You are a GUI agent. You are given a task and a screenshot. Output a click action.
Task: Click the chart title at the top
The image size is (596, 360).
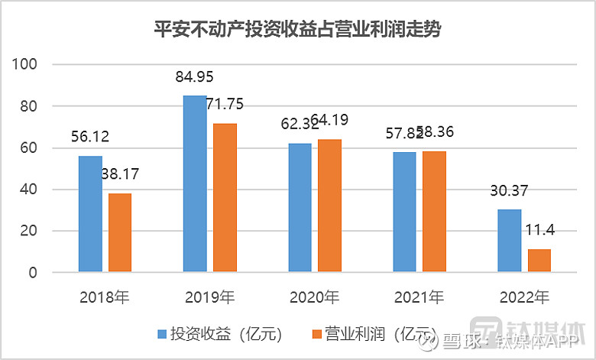click(x=297, y=30)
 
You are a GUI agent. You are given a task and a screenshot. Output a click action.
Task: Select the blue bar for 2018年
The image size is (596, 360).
click(x=90, y=214)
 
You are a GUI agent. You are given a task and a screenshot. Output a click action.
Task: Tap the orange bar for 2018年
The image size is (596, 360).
click(x=120, y=232)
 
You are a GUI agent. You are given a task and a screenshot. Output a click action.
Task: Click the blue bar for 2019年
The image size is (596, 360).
click(x=195, y=183)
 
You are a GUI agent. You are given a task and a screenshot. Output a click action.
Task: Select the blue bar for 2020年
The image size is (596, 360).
click(x=300, y=207)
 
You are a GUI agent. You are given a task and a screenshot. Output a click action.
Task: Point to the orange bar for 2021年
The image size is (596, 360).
click(x=435, y=211)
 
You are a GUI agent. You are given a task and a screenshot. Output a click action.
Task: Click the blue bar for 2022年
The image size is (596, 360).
click(x=510, y=240)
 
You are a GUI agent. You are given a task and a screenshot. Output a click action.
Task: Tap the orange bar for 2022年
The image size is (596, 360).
click(x=539, y=260)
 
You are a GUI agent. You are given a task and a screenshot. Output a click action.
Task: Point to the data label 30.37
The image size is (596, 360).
click(x=509, y=191)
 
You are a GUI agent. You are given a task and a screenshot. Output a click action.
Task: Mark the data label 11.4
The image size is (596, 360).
click(x=540, y=230)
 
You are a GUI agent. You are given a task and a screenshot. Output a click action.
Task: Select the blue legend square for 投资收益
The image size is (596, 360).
click(x=162, y=334)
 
